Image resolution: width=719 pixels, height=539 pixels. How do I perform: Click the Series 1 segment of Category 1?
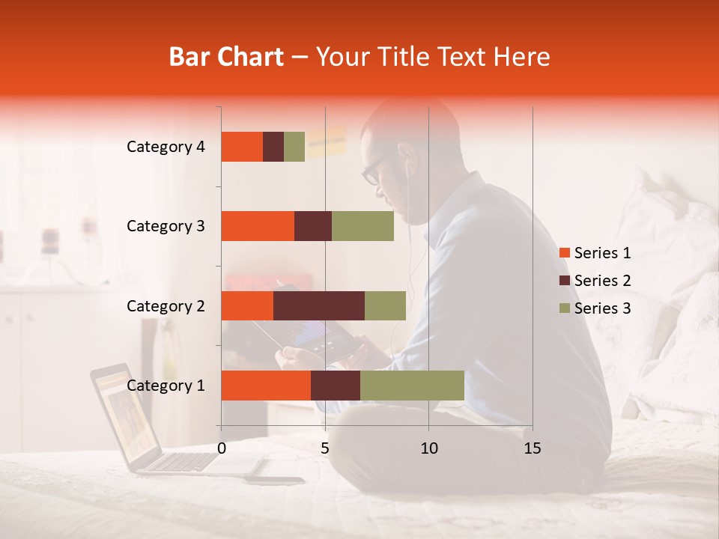266,386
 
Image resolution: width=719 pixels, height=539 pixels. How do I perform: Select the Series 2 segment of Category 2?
319,305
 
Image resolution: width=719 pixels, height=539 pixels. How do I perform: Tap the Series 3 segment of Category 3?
362,226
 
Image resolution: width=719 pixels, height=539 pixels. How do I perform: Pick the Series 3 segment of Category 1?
412,386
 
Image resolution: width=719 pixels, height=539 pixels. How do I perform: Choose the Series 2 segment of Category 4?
273,147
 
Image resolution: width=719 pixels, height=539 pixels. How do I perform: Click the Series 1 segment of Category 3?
258,226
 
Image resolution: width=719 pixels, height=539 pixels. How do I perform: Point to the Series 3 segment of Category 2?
385,305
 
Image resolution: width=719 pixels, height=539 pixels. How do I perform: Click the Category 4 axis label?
166,147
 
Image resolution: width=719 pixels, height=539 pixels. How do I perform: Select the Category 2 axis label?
166,305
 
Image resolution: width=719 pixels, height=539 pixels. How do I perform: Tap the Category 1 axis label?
166,386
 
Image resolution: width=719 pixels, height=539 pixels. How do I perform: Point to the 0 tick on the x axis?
222,448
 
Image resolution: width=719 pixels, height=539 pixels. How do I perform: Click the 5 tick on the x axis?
325,448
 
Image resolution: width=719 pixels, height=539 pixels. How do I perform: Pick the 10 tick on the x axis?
428,448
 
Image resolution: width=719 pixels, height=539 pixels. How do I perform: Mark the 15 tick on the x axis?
532,448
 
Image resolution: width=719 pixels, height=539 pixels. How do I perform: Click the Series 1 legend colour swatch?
564,253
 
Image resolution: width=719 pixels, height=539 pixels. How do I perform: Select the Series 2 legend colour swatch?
564,281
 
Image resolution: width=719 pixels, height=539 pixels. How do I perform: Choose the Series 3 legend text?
602,308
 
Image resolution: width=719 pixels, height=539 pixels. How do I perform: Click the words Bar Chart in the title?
226,57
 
